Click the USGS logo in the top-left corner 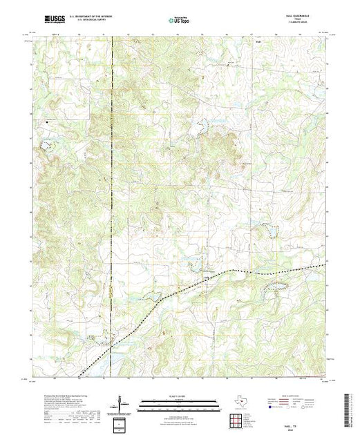coord(45,21)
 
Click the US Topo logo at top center coord(179,21)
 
